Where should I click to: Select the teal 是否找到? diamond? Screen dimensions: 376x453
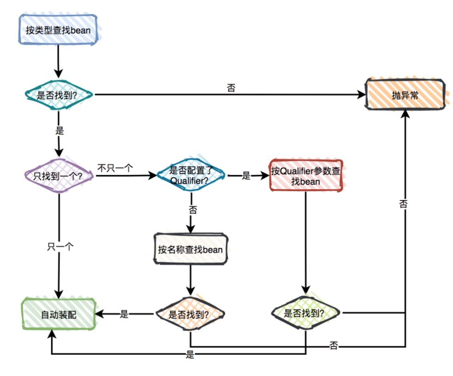tap(58, 95)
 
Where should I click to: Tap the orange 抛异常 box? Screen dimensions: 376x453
tap(405, 95)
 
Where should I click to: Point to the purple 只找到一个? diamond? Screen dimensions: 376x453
tap(58, 176)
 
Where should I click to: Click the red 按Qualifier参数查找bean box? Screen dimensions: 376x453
tap(306, 176)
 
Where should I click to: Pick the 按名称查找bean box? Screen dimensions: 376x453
tap(190, 250)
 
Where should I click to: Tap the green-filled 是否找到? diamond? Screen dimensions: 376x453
tap(306, 313)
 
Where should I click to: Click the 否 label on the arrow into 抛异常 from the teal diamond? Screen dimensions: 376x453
tap(231, 88)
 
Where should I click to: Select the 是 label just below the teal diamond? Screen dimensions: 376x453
tap(59, 130)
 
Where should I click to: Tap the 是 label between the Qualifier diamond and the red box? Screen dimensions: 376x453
tap(246, 176)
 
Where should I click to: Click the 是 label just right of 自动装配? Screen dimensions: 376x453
tap(124, 315)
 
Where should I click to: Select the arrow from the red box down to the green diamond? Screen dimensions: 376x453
tap(306, 240)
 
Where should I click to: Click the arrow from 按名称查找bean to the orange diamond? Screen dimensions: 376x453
tap(190, 279)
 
